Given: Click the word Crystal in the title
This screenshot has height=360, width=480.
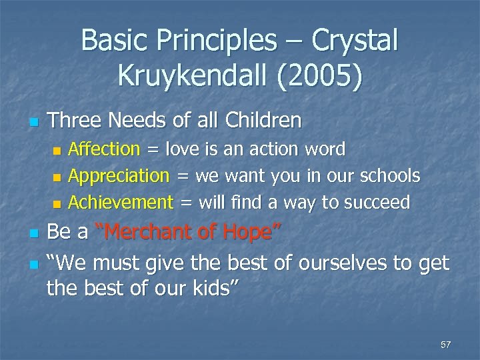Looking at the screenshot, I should (353, 41).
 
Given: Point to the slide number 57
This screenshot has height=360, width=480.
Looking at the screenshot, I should (446, 345).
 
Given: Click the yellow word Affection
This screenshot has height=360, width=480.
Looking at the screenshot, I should (105, 149).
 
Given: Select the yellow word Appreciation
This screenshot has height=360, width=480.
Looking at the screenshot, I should (119, 175).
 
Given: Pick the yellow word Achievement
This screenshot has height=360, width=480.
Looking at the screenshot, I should (121, 202).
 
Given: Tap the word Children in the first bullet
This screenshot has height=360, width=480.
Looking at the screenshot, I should (265, 121).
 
